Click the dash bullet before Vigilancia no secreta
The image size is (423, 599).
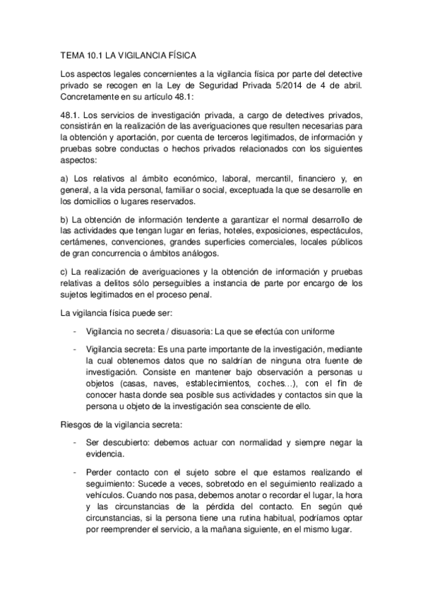point(75,332)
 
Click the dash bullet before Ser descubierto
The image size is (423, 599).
point(75,443)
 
